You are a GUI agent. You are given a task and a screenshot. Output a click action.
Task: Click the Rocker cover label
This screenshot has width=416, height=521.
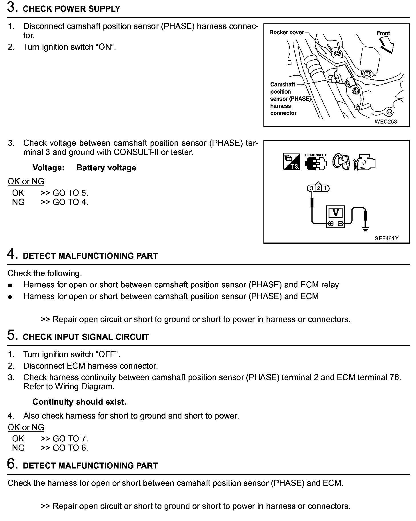[x=286, y=33]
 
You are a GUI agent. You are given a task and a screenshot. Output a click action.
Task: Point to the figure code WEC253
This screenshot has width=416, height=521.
[x=386, y=122]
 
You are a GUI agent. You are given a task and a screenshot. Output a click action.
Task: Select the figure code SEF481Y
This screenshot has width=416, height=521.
[x=386, y=238]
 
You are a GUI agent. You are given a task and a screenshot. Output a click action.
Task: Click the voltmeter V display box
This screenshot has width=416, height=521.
[x=336, y=213]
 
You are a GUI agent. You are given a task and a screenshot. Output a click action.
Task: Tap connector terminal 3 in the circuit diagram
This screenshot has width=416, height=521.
[x=311, y=188]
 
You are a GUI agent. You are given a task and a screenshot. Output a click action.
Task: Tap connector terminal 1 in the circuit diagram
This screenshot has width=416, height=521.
[x=325, y=188]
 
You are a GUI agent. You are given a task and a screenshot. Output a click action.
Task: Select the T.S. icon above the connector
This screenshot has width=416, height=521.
[x=291, y=162]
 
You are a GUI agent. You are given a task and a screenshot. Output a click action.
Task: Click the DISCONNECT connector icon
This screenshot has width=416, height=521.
[x=316, y=162]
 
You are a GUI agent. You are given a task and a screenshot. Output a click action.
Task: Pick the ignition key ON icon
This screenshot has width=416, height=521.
[x=341, y=162]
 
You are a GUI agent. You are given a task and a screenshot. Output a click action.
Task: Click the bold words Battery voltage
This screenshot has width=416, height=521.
[x=106, y=168]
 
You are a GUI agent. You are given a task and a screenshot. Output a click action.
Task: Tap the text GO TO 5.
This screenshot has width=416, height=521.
[x=70, y=193]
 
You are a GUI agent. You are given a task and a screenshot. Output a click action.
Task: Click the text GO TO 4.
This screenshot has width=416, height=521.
[x=70, y=202]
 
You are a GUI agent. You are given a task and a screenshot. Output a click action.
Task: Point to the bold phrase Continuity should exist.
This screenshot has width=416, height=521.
[x=79, y=402]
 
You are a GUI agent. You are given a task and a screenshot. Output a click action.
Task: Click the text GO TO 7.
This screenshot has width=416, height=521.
[x=70, y=439]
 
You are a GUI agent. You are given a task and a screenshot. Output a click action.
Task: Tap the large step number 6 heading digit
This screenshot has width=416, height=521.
[x=11, y=464]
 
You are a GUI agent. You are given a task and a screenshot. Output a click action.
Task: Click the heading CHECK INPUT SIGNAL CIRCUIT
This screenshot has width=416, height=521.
[x=86, y=337]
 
